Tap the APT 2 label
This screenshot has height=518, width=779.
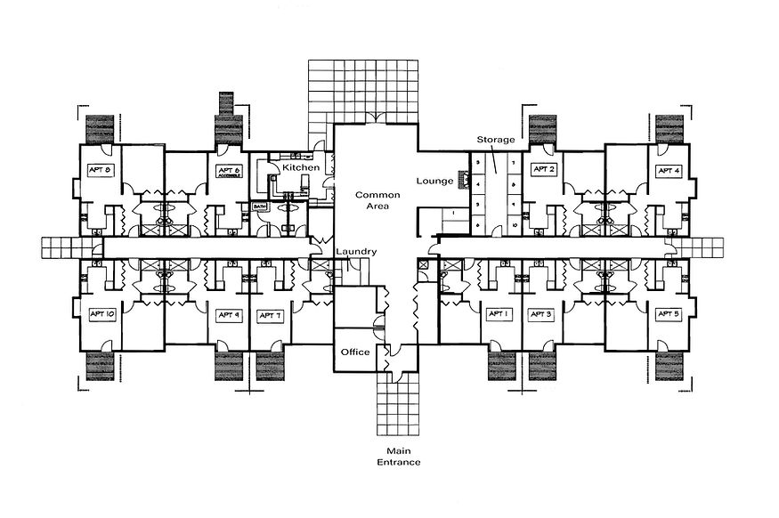544,168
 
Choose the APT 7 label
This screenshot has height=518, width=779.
271,315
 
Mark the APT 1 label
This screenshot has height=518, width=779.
497,314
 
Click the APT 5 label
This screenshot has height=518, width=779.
669,314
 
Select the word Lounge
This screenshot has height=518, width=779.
434,181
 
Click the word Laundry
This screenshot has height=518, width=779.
356,252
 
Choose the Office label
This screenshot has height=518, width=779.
355,352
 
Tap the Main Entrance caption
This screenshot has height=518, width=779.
398,457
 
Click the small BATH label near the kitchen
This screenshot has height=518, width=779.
259,206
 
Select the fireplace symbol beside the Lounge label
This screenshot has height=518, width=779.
462,181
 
